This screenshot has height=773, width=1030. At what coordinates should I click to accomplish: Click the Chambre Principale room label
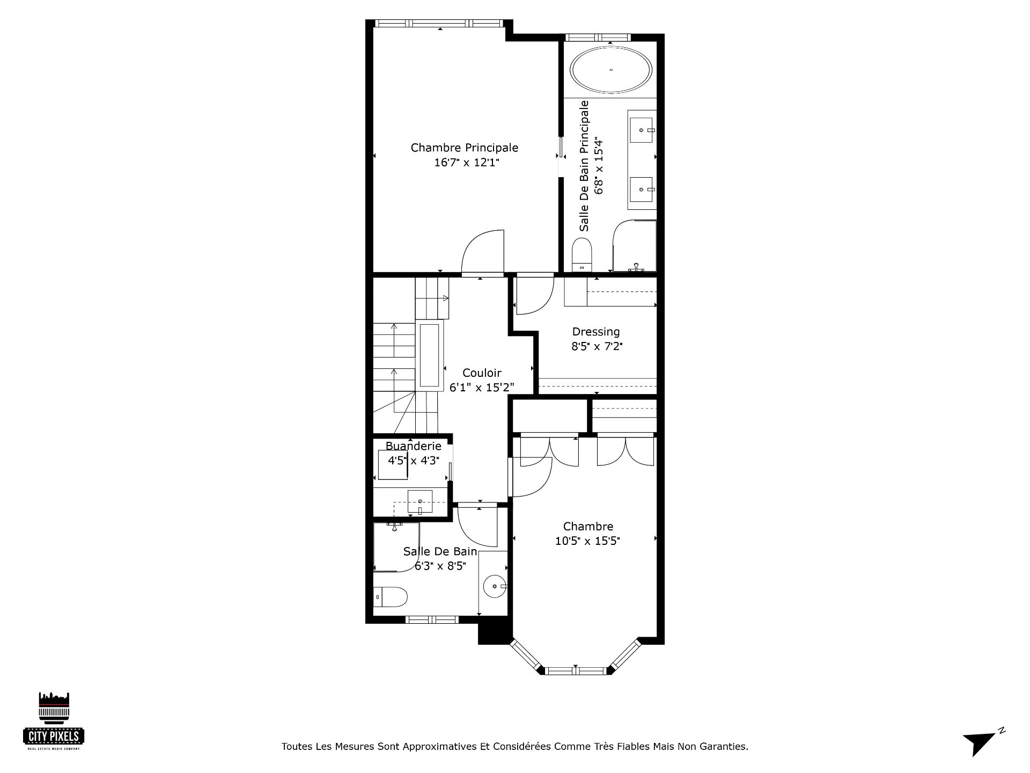pyautogui.click(x=465, y=148)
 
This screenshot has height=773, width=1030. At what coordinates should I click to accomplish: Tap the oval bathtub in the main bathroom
pyautogui.click(x=612, y=70)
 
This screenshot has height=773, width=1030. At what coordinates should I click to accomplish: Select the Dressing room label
pyautogui.click(x=596, y=332)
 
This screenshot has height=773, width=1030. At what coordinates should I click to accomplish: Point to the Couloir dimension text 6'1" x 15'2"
pyautogui.click(x=482, y=386)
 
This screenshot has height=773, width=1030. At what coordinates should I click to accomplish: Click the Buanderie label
pyautogui.click(x=414, y=446)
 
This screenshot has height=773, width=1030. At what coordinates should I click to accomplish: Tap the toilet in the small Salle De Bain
pyautogui.click(x=391, y=596)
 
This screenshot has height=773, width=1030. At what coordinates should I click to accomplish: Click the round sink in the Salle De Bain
pyautogui.click(x=495, y=587)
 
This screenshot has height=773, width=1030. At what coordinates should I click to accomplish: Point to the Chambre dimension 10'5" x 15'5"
pyautogui.click(x=588, y=541)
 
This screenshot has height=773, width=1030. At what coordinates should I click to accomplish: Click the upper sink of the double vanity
pyautogui.click(x=642, y=130)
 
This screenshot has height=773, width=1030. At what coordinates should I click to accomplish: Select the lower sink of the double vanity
pyautogui.click(x=642, y=189)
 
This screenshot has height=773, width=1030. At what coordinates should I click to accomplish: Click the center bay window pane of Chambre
pyautogui.click(x=577, y=670)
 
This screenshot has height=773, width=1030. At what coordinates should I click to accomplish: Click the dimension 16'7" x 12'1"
pyautogui.click(x=467, y=163)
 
